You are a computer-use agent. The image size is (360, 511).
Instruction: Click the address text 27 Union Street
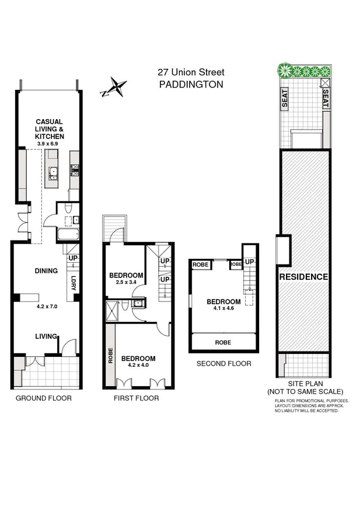point(190,72)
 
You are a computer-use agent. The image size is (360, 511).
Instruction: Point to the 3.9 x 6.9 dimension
point(50,144)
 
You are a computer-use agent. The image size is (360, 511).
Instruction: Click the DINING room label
point(46,271)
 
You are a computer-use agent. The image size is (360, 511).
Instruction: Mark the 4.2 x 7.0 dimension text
point(46,305)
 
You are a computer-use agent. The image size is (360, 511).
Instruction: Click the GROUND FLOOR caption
point(44,398)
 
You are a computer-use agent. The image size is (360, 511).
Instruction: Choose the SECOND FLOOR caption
point(223,363)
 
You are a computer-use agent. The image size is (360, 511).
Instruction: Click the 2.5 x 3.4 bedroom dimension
point(126,283)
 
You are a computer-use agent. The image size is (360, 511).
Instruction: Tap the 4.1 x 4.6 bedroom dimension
point(223,310)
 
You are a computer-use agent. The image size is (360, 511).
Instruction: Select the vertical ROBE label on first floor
point(110,356)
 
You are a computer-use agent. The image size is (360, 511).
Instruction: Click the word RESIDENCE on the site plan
point(303,277)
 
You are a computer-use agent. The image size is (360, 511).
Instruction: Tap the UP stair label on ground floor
point(74,258)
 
